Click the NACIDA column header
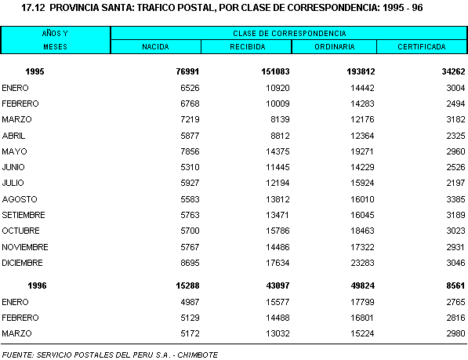(x=155, y=47)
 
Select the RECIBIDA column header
(x=248, y=47)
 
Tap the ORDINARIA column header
(x=335, y=47)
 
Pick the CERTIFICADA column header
(x=422, y=47)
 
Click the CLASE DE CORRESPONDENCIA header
(x=289, y=34)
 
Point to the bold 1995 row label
(x=35, y=71)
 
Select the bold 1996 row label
(x=37, y=285)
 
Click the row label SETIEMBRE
(x=24, y=215)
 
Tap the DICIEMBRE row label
(x=22, y=263)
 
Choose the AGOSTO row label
(x=20, y=199)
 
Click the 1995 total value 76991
(x=187, y=71)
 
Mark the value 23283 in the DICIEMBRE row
(x=362, y=263)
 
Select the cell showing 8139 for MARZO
(x=280, y=119)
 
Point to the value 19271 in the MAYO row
(x=362, y=151)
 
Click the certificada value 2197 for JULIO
(x=455, y=183)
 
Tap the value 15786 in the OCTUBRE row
(x=278, y=231)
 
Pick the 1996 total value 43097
(x=278, y=285)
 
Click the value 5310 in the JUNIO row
(x=190, y=167)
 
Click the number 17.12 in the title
(x=33, y=8)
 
